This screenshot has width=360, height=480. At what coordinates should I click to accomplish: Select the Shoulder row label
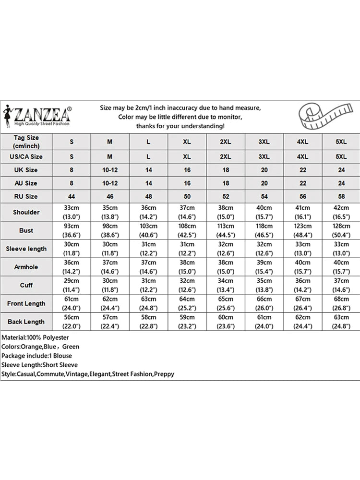click(x=26, y=212)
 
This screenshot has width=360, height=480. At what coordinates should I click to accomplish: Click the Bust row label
click(x=26, y=230)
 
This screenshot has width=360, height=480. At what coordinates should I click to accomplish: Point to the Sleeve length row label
click(x=26, y=249)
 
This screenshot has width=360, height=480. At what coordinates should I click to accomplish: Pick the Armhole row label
click(x=26, y=267)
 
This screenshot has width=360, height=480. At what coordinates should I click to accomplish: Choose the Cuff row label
click(x=26, y=285)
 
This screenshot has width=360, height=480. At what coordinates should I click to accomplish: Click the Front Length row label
click(x=26, y=303)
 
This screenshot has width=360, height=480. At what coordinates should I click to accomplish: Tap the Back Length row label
click(x=26, y=322)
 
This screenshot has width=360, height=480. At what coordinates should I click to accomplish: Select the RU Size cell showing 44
click(x=72, y=196)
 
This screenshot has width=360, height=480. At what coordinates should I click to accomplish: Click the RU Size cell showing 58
click(x=341, y=196)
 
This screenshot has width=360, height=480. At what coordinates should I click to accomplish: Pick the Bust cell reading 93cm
click(x=72, y=230)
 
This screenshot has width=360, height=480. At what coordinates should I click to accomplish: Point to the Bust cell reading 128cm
click(x=341, y=230)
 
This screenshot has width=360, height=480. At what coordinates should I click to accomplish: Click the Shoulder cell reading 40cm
click(x=264, y=212)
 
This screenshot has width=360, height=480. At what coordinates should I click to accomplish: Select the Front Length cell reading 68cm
click(x=341, y=303)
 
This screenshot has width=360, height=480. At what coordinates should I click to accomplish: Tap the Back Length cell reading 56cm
click(x=72, y=322)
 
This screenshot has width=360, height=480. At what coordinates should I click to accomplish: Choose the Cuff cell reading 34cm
click(x=226, y=285)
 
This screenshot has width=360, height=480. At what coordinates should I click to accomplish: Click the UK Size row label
click(x=26, y=170)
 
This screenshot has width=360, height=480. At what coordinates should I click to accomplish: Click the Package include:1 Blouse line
click(x=36, y=356)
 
